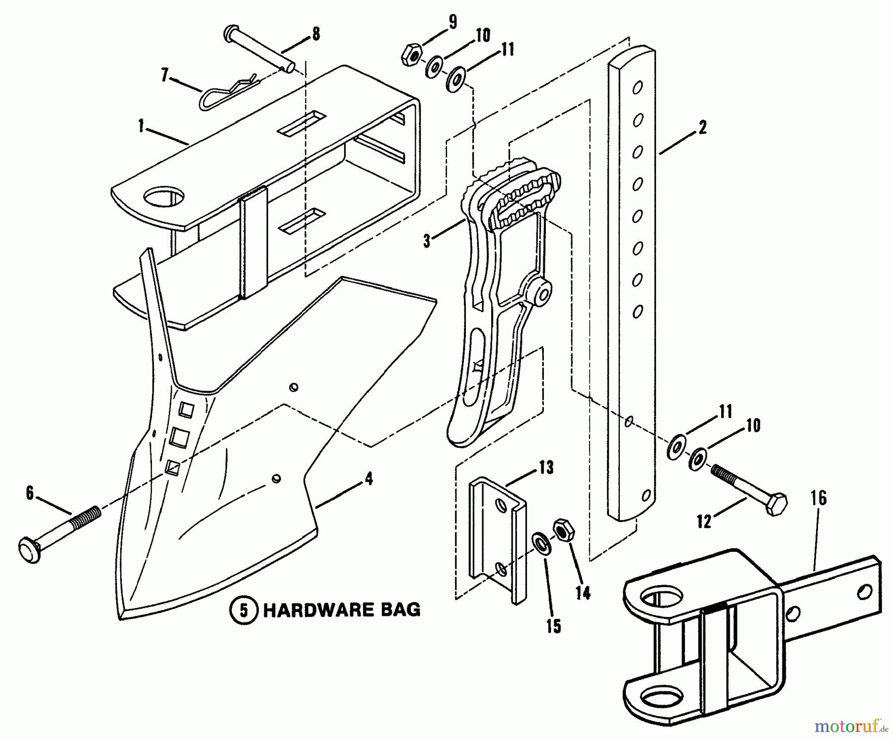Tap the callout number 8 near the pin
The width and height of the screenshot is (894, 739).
click(315, 34)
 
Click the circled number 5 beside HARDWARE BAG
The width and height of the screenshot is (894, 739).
click(243, 610)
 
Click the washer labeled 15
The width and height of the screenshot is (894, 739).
click(540, 542)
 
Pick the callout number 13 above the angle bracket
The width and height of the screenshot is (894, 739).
click(546, 468)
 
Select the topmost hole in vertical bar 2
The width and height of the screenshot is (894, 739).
click(637, 88)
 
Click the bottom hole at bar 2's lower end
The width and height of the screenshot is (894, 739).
click(646, 495)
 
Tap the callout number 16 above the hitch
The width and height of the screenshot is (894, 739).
click(819, 498)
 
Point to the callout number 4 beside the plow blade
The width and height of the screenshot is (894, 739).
click(369, 479)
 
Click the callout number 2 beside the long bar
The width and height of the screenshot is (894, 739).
click(701, 128)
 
